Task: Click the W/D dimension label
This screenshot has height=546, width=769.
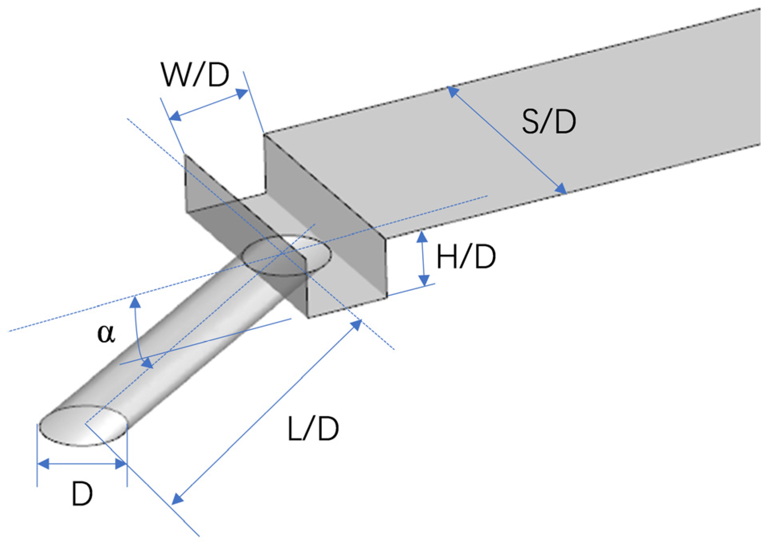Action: pos(195,75)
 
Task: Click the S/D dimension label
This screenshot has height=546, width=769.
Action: pos(548,122)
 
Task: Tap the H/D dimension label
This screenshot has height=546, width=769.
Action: pos(466,257)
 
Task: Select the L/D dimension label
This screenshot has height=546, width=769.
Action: pos(313,429)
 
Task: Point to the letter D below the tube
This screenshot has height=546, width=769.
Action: pos(82,494)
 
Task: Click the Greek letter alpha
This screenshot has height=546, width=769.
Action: pos(106,333)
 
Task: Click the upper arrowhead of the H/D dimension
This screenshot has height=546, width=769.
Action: pos(422,237)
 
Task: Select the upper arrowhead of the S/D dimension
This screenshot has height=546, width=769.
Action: pos(452,91)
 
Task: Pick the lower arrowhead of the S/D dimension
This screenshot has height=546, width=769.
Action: pos(561,189)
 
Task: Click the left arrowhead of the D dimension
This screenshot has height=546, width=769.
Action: pos(43,464)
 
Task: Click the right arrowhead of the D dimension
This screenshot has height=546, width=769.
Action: pos(121,464)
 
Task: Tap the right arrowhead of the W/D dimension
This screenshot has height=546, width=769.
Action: pos(242,93)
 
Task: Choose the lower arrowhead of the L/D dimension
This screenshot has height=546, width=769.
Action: pos(177,499)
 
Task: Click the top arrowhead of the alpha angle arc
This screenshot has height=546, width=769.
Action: pos(135,301)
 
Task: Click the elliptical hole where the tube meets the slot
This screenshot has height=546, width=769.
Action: pos(287,255)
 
